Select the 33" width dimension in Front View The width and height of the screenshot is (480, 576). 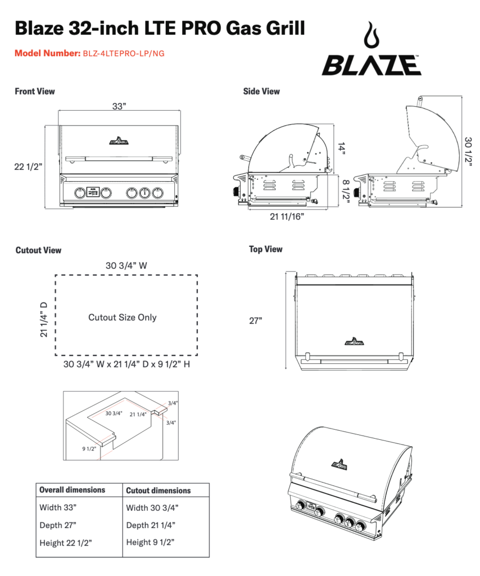[x=119, y=107]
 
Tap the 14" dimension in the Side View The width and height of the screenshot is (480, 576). [x=341, y=148]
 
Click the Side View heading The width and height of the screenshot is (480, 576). [x=261, y=91]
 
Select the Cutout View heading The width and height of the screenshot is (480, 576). [x=39, y=250]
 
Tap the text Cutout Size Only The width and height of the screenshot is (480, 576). [x=123, y=317]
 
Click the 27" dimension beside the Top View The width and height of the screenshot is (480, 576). [x=256, y=321]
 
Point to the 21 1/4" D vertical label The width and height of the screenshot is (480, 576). [x=44, y=319]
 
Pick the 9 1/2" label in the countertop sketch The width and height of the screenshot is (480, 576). [x=89, y=449]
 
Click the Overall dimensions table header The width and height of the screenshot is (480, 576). [x=73, y=490]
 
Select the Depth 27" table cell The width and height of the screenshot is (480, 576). [x=58, y=525]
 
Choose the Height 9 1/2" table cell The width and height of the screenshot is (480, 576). [x=151, y=542]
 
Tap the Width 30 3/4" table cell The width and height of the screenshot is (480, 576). [x=152, y=507]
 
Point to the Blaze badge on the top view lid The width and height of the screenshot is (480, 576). [x=354, y=340]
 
